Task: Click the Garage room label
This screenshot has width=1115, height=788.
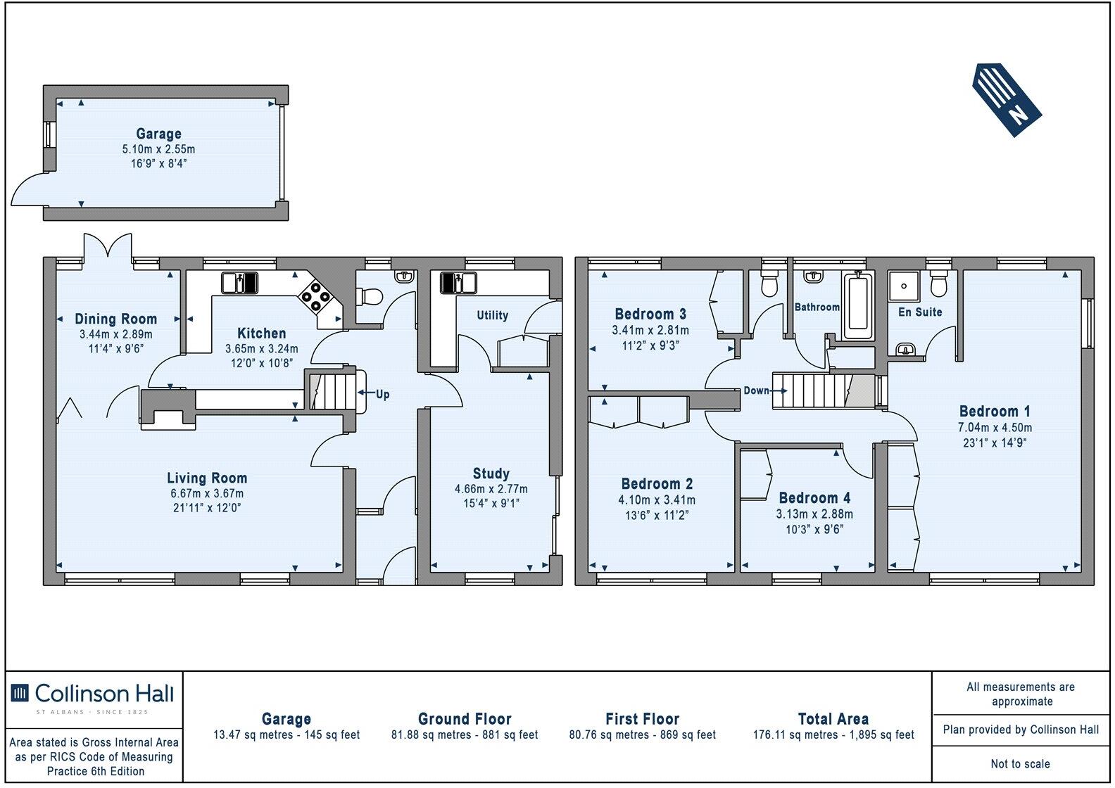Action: click(x=159, y=134)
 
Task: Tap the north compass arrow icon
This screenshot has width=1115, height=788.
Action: click(x=1007, y=99)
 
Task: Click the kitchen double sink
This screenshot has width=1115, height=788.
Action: click(x=240, y=283)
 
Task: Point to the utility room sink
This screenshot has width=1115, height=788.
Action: click(x=459, y=283)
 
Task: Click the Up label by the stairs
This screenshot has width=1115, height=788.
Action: click(x=382, y=394)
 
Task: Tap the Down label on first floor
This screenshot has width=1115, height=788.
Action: click(x=757, y=390)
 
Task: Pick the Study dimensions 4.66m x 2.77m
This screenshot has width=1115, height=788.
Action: click(x=491, y=489)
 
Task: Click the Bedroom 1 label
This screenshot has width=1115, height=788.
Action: click(x=989, y=412)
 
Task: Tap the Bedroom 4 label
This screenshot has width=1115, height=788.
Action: click(x=814, y=498)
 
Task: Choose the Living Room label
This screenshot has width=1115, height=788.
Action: click(x=207, y=478)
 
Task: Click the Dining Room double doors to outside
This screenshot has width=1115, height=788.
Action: click(x=107, y=248)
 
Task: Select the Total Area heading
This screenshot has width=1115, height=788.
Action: click(x=833, y=719)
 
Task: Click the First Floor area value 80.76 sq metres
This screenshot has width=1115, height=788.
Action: click(x=642, y=735)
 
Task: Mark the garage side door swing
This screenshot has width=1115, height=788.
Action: click(x=30, y=189)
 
